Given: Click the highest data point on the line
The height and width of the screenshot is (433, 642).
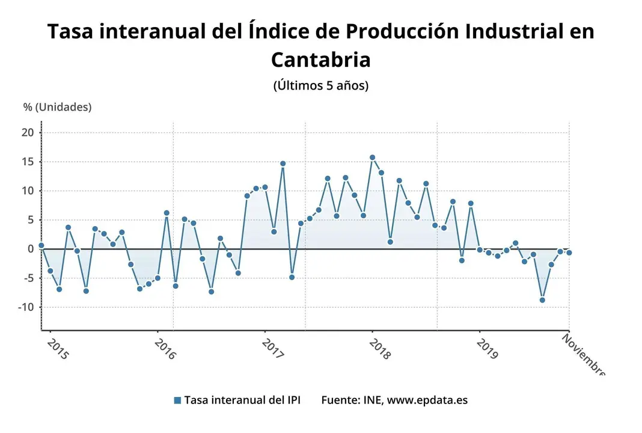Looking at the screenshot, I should coord(372,158).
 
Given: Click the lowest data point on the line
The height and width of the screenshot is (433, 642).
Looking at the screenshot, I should coord(542,300).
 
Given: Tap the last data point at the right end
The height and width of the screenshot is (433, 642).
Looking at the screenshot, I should coord(569,253).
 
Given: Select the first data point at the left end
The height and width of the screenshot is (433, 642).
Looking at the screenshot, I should coord(41,245).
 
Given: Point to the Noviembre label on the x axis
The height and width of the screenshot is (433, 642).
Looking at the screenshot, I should coord(583,355).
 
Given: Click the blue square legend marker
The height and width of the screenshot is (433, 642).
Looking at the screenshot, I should coord(177,401).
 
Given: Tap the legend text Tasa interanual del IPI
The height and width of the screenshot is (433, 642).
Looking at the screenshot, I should coord(242,401).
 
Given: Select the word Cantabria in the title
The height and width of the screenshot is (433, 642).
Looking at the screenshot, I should coord(320,60).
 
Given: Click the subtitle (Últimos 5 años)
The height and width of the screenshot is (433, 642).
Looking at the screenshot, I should coord(320,85).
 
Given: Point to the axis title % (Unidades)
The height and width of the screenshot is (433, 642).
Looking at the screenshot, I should coord(58,107).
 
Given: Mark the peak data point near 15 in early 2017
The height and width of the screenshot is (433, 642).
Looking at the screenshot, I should coord(283,164).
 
